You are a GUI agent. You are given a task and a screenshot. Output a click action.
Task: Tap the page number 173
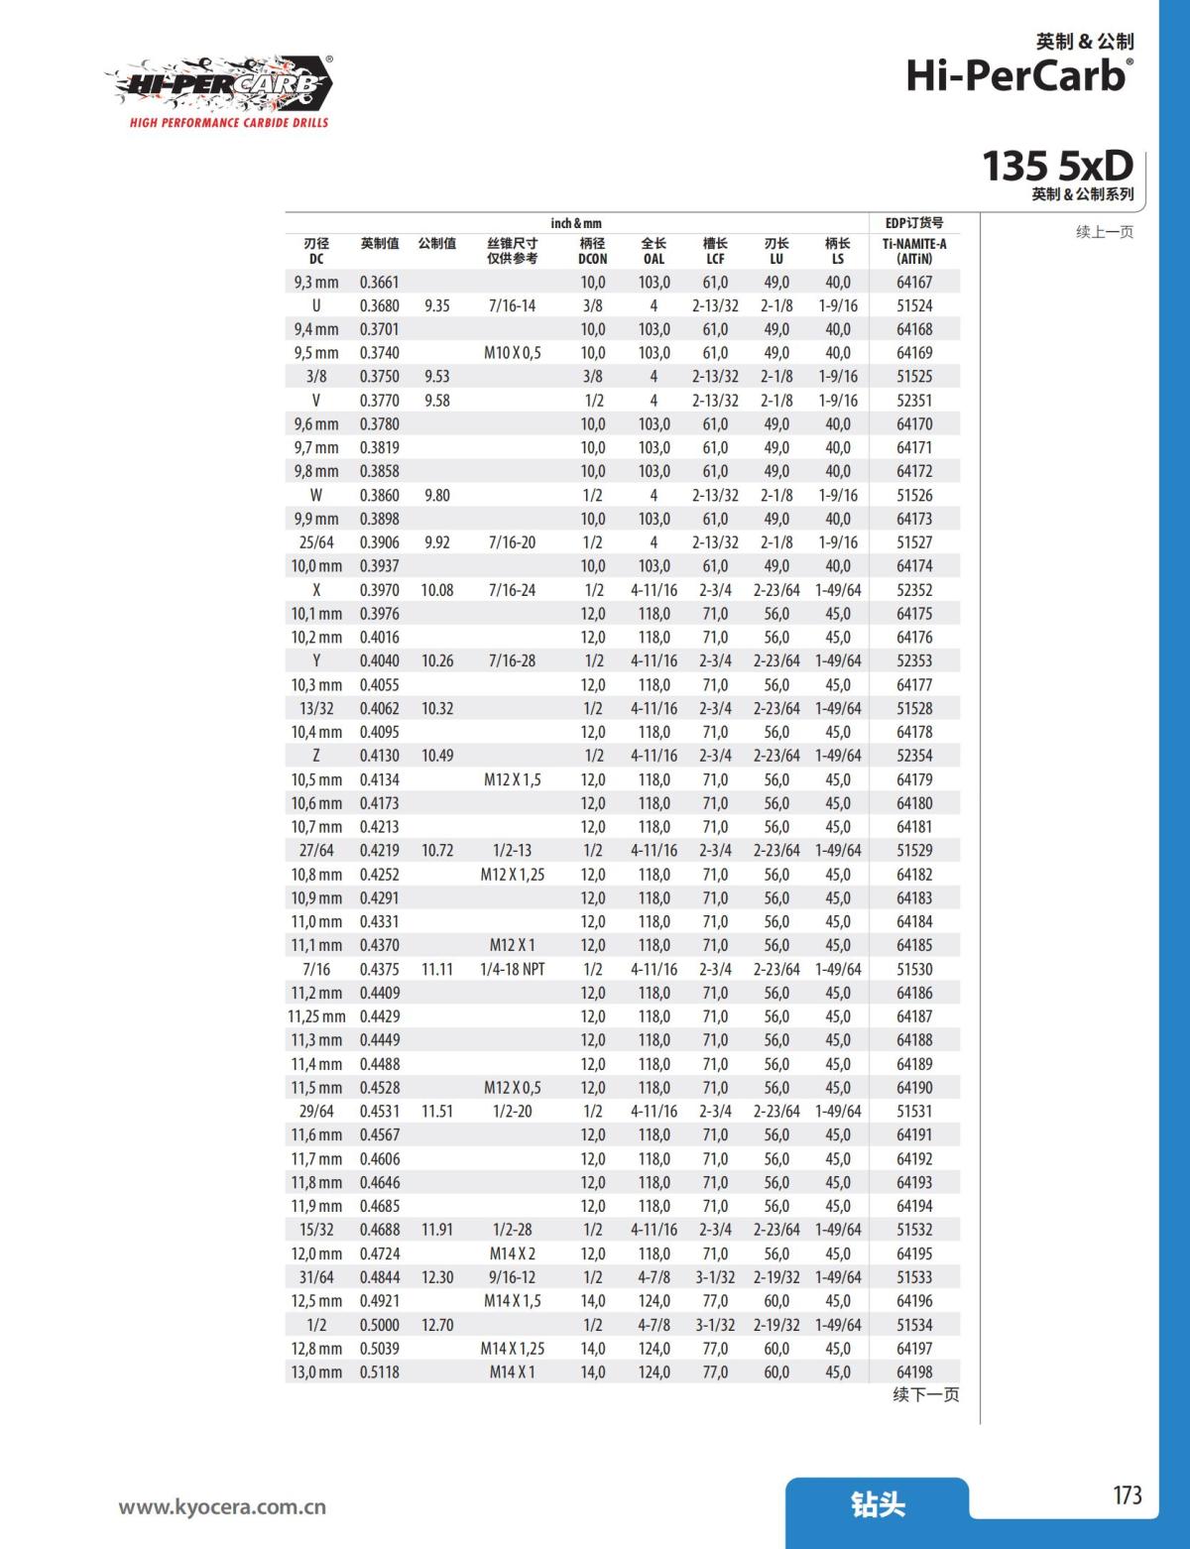[x=1127, y=1495]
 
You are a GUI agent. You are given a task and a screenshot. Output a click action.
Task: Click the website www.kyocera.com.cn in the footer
[x=222, y=1507]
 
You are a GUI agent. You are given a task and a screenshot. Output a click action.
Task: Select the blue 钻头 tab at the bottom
[x=878, y=1504]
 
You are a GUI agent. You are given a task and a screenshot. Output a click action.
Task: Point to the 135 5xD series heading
[x=1057, y=166]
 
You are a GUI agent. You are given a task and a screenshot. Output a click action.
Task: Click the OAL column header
[x=654, y=251]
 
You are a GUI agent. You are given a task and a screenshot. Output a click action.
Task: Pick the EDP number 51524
[x=914, y=305]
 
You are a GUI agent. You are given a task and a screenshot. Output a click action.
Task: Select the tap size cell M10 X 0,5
[x=512, y=353]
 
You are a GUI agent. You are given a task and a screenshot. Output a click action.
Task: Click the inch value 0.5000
[x=379, y=1325]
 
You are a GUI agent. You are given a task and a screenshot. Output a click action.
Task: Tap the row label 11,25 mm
[x=316, y=1016]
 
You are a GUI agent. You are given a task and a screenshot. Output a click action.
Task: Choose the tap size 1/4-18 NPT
[x=512, y=969]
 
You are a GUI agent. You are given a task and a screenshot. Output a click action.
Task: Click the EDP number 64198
[x=914, y=1372]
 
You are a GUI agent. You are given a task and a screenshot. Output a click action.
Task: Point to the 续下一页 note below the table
[x=925, y=1395]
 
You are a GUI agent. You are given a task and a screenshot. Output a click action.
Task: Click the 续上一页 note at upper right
[x=1104, y=232]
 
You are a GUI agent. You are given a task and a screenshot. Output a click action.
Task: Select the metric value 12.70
[x=437, y=1325]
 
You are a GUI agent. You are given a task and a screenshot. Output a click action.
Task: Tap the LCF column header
[x=715, y=251]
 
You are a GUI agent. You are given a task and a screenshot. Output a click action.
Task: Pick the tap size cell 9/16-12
[x=512, y=1277]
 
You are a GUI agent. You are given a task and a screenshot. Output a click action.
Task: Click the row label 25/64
[x=316, y=542]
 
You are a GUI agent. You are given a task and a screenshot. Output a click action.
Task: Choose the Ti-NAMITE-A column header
[x=914, y=251]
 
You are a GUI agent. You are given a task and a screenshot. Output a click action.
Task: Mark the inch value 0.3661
[x=379, y=282]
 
